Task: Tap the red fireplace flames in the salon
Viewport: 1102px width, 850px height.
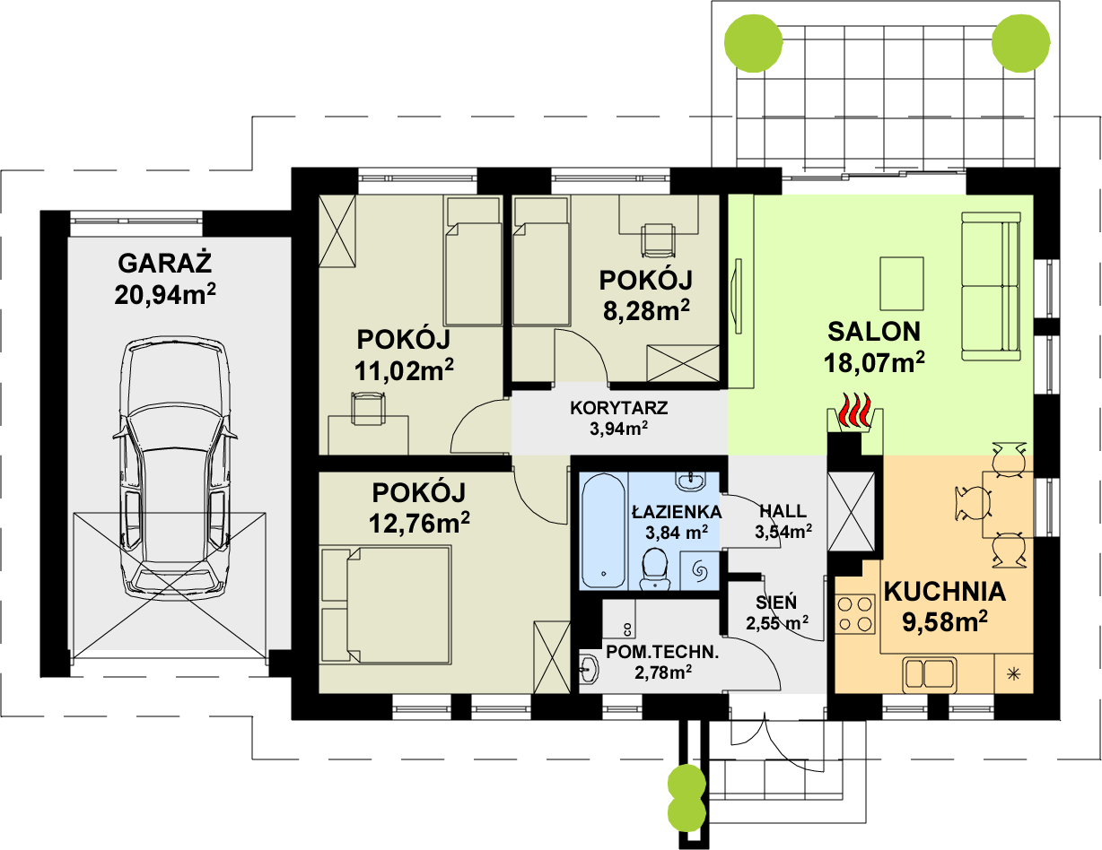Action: [x=856, y=411]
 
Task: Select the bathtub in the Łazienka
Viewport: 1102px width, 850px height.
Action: [x=603, y=531]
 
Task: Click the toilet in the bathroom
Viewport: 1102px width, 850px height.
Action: [x=655, y=570]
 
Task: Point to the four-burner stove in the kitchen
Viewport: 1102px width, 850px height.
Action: [x=855, y=614]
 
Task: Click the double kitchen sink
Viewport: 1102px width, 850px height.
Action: [x=930, y=675]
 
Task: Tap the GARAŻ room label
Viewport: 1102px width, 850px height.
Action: [x=165, y=263]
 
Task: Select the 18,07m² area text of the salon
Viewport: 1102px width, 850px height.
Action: [x=874, y=362]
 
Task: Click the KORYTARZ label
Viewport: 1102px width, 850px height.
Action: [x=618, y=408]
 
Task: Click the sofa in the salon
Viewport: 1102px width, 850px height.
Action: [x=991, y=286]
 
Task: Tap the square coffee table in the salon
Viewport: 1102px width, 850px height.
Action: [x=902, y=283]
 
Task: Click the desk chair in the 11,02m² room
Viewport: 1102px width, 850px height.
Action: [x=368, y=408]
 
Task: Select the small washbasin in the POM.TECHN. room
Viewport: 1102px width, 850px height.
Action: [x=589, y=670]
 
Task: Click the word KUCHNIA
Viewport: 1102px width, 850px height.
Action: [x=945, y=592]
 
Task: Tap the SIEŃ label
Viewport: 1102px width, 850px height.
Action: [x=776, y=603]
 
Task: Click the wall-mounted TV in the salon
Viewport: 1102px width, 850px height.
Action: [x=738, y=297]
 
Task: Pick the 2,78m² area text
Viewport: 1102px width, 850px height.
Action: [x=663, y=672]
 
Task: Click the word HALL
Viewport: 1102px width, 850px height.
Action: [x=783, y=511]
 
